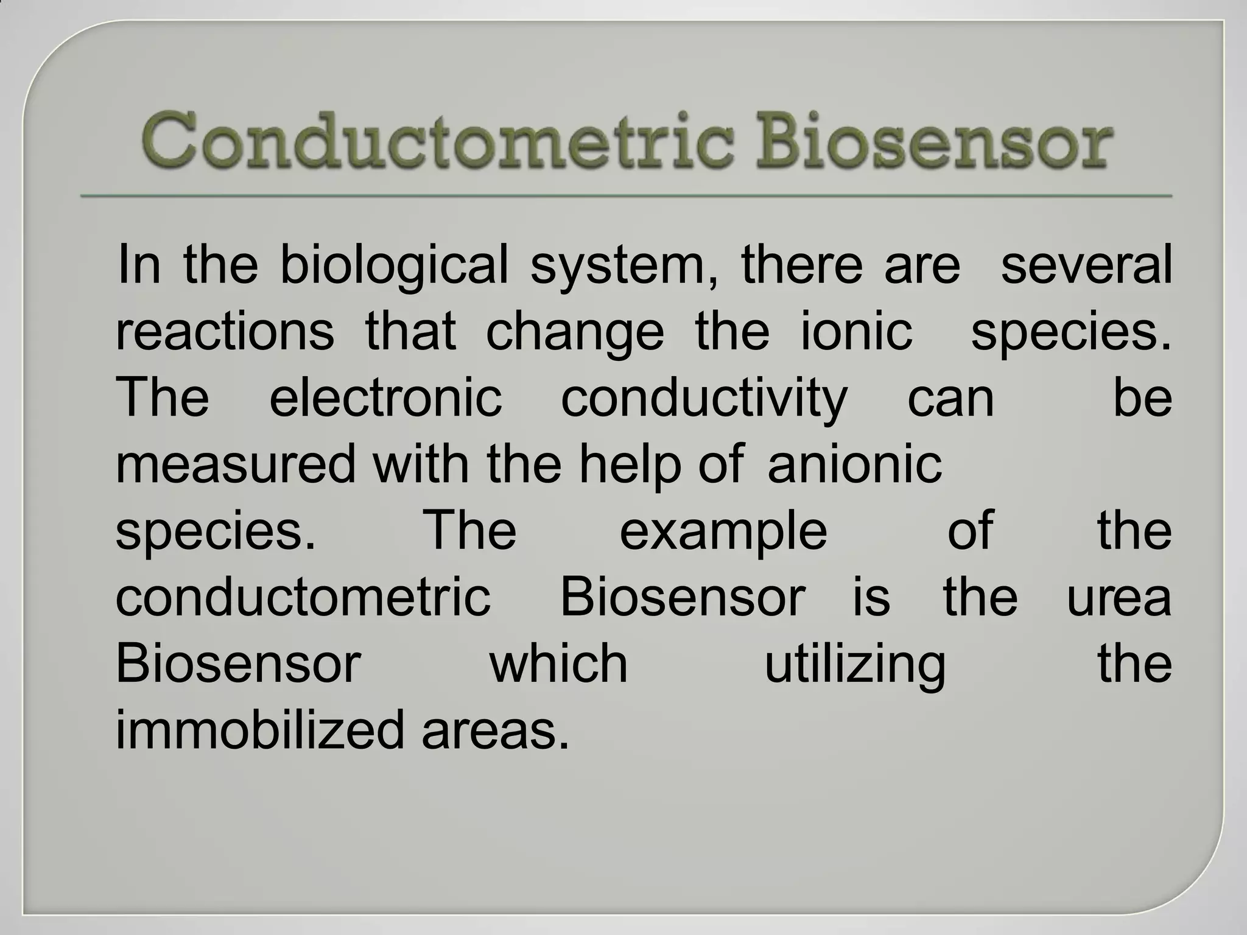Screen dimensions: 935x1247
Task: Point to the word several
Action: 1086,265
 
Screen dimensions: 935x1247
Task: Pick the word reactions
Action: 225,332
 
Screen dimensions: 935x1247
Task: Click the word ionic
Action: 856,332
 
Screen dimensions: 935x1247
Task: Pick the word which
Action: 558,664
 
